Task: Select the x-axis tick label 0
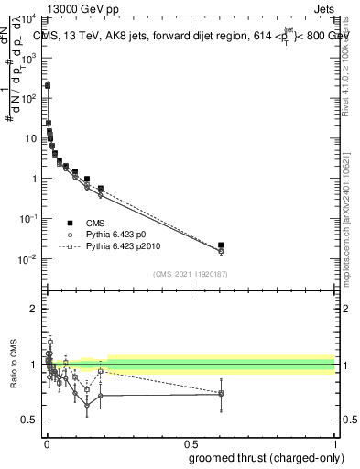click(x=46, y=443)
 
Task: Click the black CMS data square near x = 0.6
click(x=221, y=245)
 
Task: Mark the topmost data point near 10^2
click(x=48, y=84)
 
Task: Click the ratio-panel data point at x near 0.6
click(x=221, y=394)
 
